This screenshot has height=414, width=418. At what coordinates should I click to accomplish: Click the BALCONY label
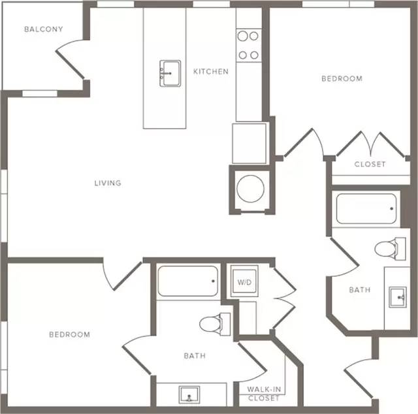tap(44, 29)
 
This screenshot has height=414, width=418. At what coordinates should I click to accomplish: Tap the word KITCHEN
tap(210, 71)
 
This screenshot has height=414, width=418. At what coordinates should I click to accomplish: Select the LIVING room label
tap(108, 183)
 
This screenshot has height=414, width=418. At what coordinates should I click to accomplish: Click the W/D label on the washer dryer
tap(244, 282)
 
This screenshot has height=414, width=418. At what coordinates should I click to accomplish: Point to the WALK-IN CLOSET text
tap(264, 394)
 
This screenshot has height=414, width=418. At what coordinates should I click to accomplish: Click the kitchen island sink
tap(170, 73)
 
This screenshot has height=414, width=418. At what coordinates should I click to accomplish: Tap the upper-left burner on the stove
tap(242, 36)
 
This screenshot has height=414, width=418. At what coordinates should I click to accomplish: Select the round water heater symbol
tap(250, 189)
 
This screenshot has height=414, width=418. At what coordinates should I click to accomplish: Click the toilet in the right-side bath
tap(390, 249)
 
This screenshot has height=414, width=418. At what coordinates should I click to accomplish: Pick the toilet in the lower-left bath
tap(215, 324)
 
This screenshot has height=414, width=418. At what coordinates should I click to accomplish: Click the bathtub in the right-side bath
tap(366, 209)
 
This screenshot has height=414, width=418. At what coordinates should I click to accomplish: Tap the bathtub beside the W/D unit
tap(187, 281)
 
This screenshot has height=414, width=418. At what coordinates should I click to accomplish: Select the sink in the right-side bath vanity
tap(398, 297)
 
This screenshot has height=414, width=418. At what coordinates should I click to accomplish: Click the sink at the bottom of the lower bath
tap(189, 394)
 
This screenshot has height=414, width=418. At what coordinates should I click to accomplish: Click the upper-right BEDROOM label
tap(342, 78)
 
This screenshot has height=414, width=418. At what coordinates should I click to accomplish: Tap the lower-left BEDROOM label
tap(70, 334)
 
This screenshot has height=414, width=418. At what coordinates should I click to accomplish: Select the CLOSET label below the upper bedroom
tap(370, 164)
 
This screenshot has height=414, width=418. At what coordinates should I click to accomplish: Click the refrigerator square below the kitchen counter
tap(249, 143)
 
